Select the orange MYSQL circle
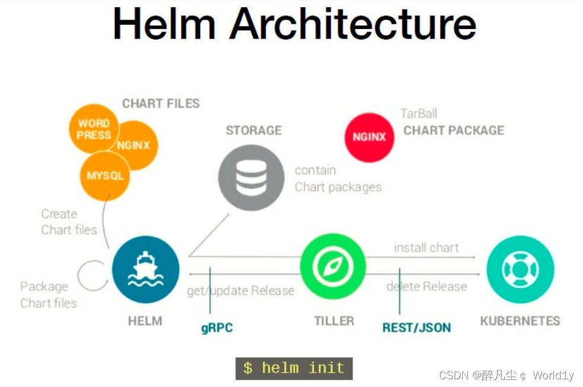tap(105, 176)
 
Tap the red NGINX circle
tap(369, 137)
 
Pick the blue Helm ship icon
tap(145, 269)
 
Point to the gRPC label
tap(217, 327)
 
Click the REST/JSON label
tap(416, 327)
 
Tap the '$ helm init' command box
tap(294, 368)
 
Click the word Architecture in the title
tap(353, 25)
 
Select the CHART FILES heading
tap(161, 104)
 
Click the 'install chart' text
tap(426, 247)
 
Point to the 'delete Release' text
tap(427, 287)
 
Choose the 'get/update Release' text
tap(241, 291)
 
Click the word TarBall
tap(418, 114)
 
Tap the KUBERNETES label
tap(520, 321)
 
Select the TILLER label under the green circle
tap(334, 321)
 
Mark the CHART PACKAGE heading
tap(454, 130)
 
